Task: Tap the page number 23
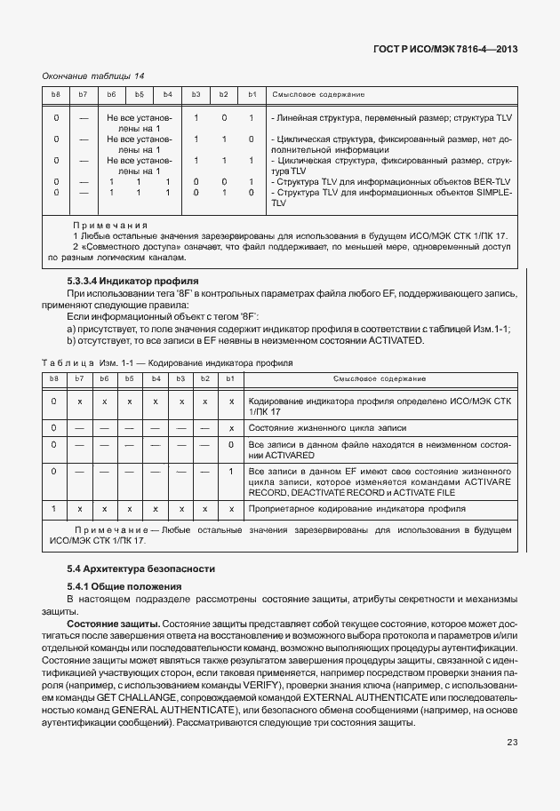tap(512, 742)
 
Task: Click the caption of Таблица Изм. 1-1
tap(166, 363)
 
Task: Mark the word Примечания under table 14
tap(109, 226)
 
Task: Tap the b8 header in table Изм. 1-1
tap(55, 378)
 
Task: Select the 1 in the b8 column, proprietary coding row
tap(55, 509)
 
